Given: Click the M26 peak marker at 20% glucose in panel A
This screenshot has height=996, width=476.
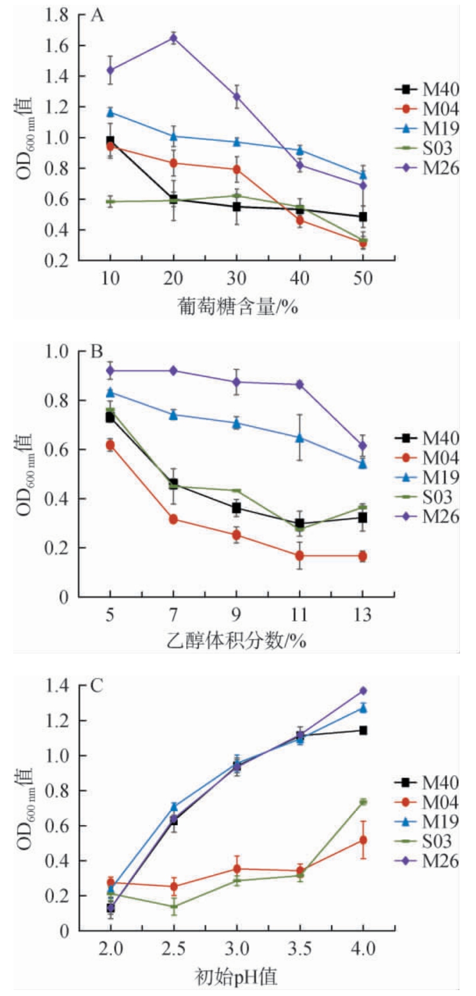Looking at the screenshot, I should tap(173, 38).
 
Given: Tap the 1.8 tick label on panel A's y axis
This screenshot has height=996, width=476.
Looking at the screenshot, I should tap(57, 15).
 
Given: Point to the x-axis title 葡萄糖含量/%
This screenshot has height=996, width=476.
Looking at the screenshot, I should tap(237, 307).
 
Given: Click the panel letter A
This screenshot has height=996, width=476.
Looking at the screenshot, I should tap(97, 15).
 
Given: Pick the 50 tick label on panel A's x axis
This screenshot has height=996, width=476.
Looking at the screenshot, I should tap(363, 278).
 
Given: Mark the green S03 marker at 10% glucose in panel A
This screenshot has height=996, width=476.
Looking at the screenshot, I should tap(110, 202).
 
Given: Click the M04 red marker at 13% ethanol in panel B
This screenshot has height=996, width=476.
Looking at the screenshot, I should tap(363, 556).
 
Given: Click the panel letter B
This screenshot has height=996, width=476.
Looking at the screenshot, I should tap(97, 353).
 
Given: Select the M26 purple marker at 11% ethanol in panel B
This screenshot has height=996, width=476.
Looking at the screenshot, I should tap(300, 384).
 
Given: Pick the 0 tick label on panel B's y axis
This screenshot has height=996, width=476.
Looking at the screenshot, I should tap(64, 597).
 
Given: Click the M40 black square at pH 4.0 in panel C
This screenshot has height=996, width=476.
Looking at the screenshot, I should tap(363, 730).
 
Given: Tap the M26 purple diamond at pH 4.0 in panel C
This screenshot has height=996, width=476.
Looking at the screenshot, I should tap(363, 691).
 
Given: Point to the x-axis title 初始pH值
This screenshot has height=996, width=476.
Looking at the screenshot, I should tap(236, 976).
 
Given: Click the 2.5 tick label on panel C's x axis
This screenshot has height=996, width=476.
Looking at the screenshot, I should tap(173, 949).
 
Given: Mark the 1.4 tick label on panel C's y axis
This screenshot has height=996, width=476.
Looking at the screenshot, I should tap(57, 687).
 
